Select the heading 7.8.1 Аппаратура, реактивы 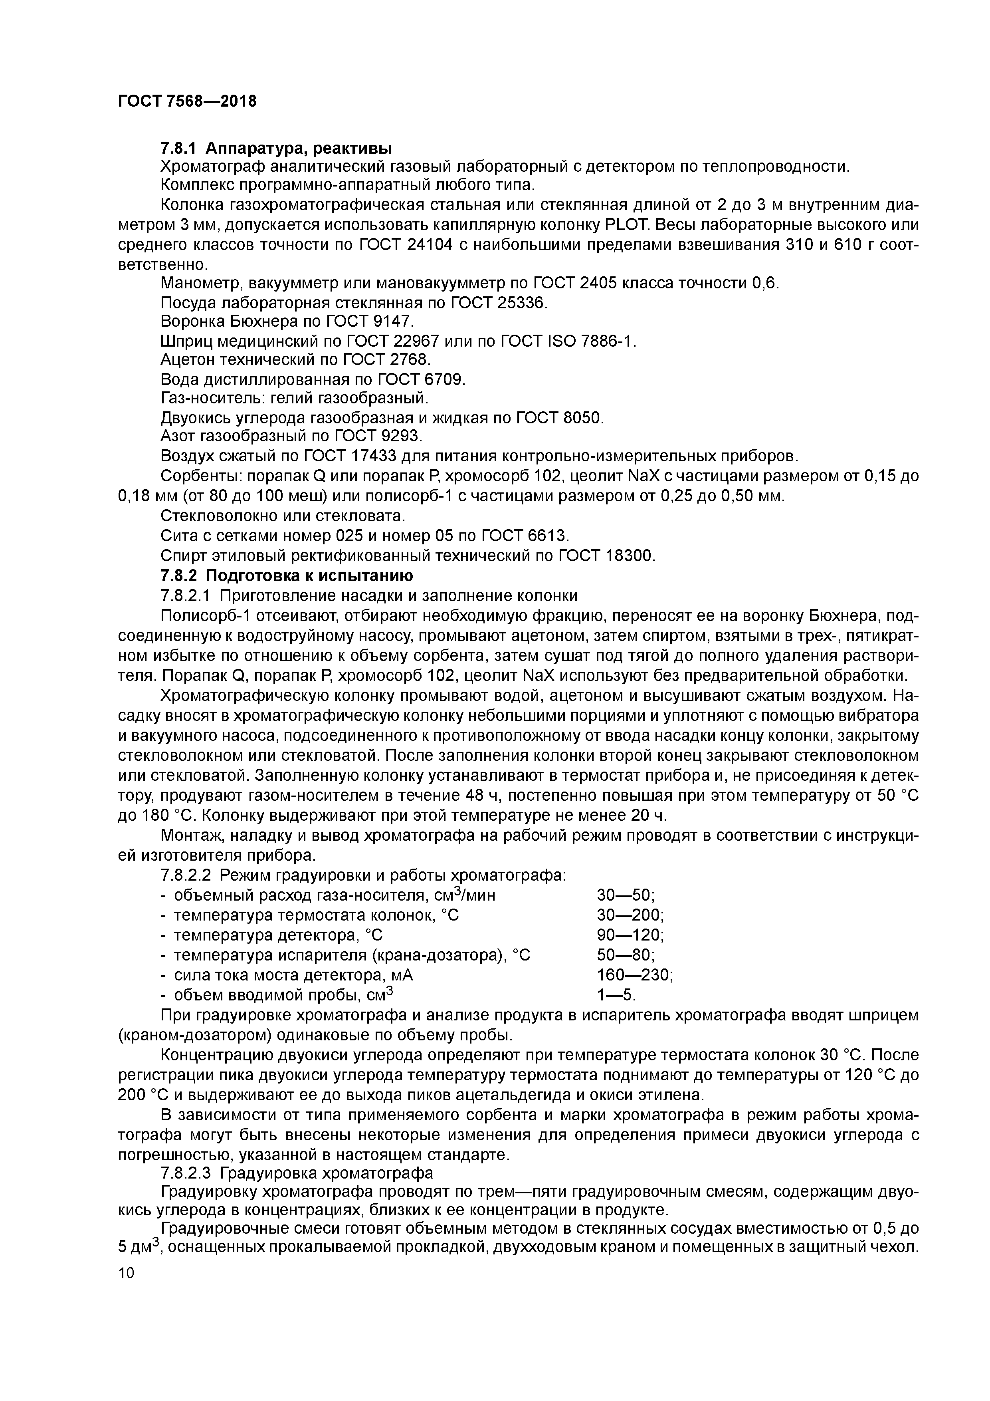click(276, 148)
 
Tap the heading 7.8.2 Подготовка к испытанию click(287, 575)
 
